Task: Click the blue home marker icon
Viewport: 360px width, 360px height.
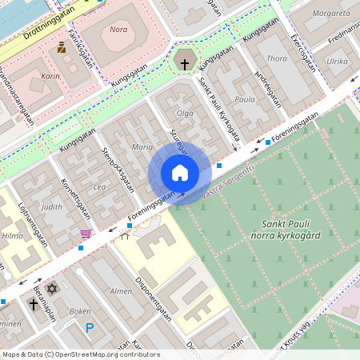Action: [x=180, y=173]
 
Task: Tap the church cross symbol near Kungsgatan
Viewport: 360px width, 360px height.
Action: [x=185, y=62]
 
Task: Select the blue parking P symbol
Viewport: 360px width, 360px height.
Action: [x=90, y=328]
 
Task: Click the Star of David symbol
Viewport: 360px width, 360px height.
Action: [x=53, y=288]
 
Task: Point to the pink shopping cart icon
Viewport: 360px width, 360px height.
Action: [x=86, y=234]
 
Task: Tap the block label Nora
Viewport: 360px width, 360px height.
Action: [x=118, y=30]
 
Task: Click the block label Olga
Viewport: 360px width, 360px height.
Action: [x=185, y=113]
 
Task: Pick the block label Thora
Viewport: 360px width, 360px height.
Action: [x=276, y=58]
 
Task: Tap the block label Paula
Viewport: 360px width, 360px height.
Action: [x=244, y=100]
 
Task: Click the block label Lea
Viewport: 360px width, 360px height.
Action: [x=99, y=186]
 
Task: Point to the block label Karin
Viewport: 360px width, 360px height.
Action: [x=50, y=77]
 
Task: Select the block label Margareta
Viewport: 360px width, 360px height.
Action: [x=330, y=14]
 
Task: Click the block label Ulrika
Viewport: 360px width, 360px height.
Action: [x=337, y=61]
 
